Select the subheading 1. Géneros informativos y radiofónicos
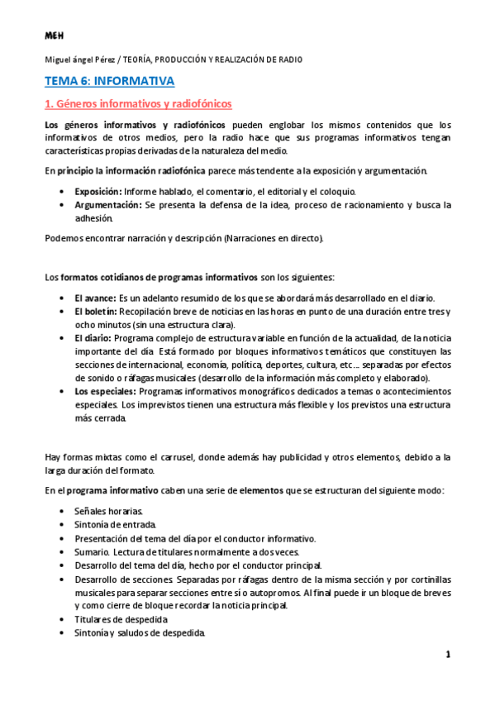pos(138,104)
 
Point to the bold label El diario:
pos(93,338)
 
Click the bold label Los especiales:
pos(105,391)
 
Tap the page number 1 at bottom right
pos(448,655)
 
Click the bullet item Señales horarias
pos(108,511)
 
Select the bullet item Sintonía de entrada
pos(114,525)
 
